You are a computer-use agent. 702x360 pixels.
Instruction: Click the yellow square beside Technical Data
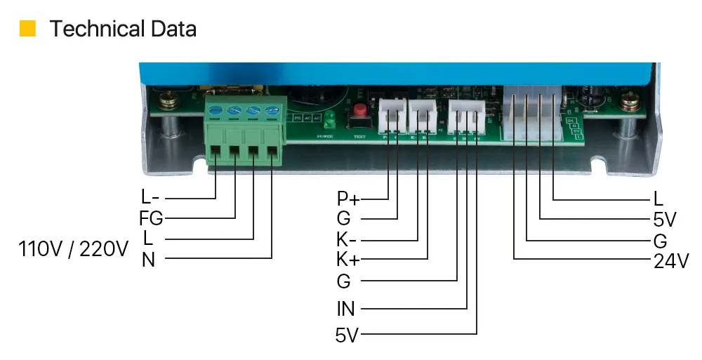pyautogui.click(x=27, y=29)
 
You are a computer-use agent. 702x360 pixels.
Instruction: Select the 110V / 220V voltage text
pyautogui.click(x=74, y=248)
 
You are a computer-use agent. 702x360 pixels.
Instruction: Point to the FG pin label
pyautogui.click(x=151, y=219)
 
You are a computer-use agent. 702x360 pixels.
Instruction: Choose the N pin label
pyautogui.click(x=148, y=260)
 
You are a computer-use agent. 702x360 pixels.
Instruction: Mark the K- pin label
pyautogui.click(x=347, y=240)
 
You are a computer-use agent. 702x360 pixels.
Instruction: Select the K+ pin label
pyautogui.click(x=347, y=260)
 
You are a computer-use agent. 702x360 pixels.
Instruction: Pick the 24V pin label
pyautogui.click(x=670, y=262)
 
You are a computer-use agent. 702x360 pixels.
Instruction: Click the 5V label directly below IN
pyautogui.click(x=347, y=335)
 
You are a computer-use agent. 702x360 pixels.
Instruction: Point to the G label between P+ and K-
pyautogui.click(x=343, y=220)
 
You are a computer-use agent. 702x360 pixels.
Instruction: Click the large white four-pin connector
pyautogui.click(x=532, y=114)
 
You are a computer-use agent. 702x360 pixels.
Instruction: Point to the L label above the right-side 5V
pyautogui.click(x=658, y=199)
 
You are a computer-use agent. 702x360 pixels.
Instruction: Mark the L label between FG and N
pyautogui.click(x=148, y=239)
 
